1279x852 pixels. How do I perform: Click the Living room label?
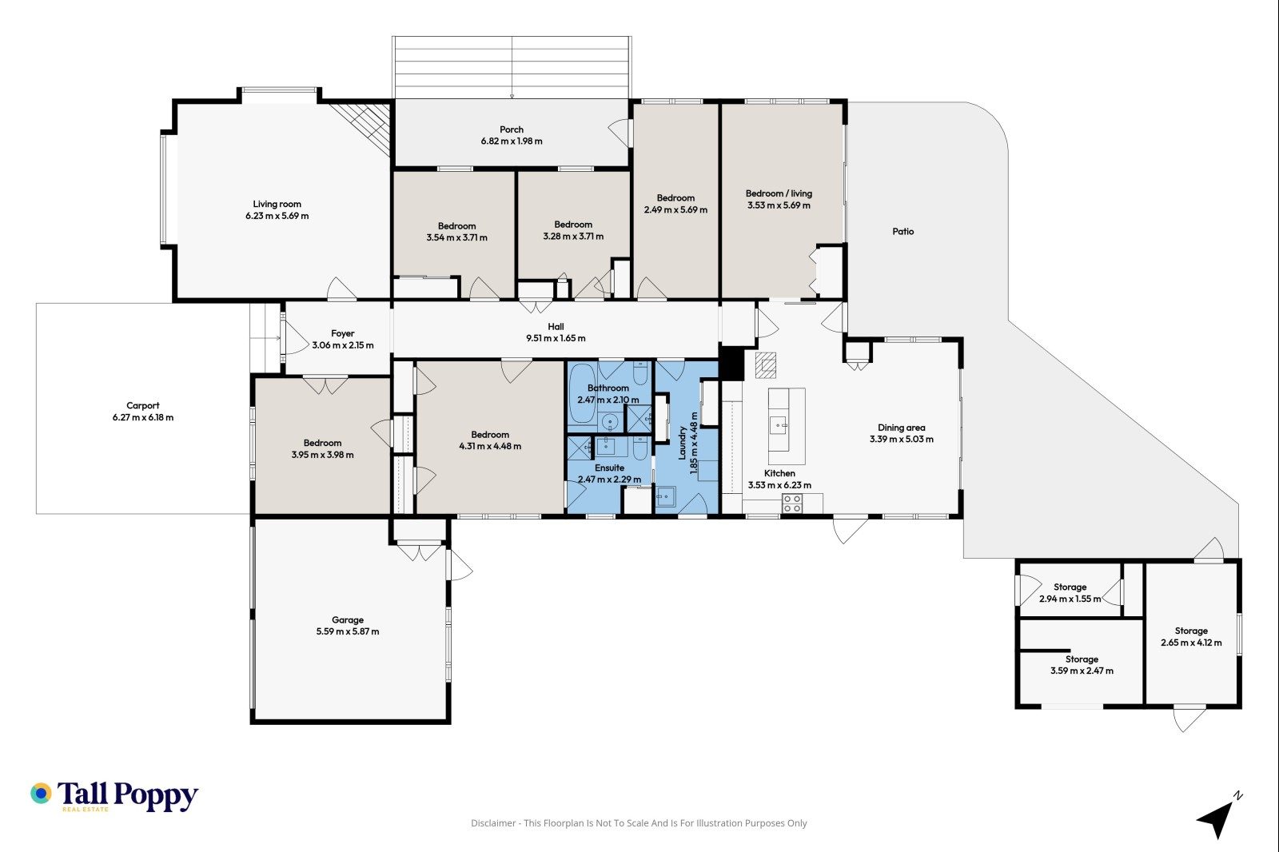tap(277, 204)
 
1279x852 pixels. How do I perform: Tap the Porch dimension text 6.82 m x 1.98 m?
tap(512, 141)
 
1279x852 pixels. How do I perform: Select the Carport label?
tap(143, 405)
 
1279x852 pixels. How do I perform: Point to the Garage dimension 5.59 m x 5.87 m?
tap(348, 631)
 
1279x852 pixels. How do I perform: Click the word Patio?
tap(902, 231)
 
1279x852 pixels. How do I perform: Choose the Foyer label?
tap(343, 333)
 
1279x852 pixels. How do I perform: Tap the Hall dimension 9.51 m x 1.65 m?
tap(556, 338)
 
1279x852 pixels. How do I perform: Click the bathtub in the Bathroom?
tap(583, 394)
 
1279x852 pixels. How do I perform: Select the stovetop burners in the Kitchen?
tap(792, 503)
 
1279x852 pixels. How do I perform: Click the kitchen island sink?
tap(779, 426)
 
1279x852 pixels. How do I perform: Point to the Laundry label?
tap(682, 443)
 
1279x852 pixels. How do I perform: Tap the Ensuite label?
tap(609, 468)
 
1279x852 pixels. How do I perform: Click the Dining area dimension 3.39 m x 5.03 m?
tap(902, 439)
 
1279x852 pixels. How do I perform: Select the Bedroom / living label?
tap(779, 193)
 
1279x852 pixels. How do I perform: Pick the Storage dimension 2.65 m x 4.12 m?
tap(1191, 643)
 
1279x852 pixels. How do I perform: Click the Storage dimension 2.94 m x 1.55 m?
tap(1070, 599)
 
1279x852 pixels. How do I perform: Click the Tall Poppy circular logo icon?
tap(41, 793)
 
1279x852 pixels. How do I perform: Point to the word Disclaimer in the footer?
tap(492, 823)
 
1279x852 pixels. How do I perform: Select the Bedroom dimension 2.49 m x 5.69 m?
tap(675, 210)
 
